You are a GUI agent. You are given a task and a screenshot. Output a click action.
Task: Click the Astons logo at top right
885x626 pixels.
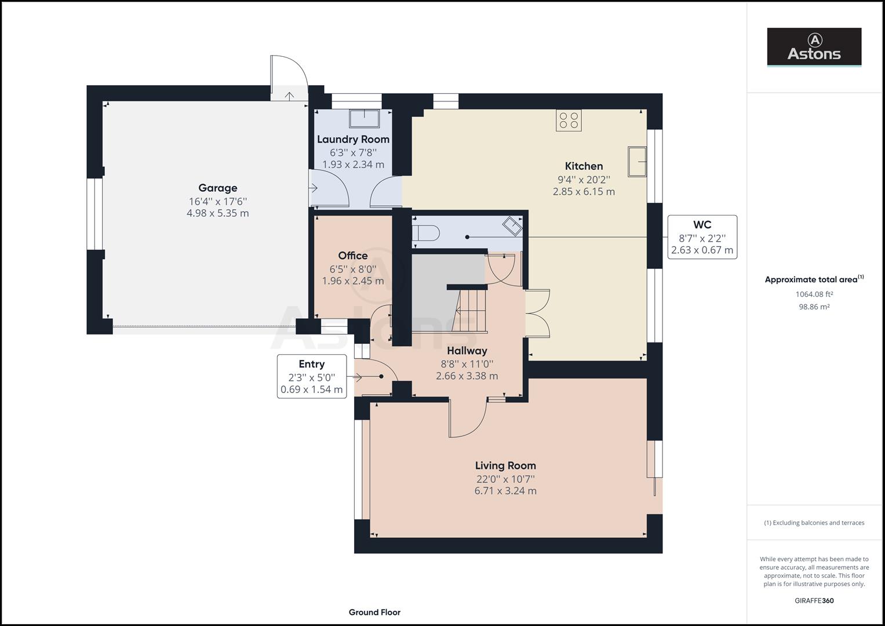click(x=814, y=47)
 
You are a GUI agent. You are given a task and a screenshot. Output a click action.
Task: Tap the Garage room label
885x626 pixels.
click(x=218, y=188)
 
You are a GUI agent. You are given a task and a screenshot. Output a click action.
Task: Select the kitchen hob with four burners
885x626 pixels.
click(x=569, y=120)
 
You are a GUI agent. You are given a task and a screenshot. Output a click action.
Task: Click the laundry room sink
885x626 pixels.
click(x=365, y=118)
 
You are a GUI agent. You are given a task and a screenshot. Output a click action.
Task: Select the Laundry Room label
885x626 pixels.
click(x=353, y=139)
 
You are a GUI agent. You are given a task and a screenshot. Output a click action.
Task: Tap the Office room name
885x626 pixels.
click(x=353, y=256)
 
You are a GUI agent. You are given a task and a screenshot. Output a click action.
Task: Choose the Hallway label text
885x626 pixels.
click(x=467, y=351)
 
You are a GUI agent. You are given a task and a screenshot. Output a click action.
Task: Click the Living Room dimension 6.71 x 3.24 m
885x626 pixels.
click(x=505, y=491)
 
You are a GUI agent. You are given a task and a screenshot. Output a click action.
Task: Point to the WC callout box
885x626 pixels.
click(x=702, y=237)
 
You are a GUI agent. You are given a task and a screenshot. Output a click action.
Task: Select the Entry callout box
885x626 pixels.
click(x=312, y=377)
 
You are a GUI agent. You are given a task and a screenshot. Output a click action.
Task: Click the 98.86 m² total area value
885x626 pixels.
click(x=814, y=307)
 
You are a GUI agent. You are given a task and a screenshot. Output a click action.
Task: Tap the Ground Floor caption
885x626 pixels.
click(x=374, y=612)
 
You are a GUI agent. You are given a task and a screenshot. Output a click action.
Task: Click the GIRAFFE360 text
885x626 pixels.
click(x=814, y=600)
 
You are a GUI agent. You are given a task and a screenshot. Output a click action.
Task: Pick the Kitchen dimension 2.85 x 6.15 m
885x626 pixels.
click(x=584, y=192)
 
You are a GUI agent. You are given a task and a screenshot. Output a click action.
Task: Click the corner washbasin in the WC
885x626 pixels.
click(x=512, y=225)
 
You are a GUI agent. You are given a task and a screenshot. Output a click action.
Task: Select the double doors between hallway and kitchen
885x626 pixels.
click(x=537, y=313)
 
